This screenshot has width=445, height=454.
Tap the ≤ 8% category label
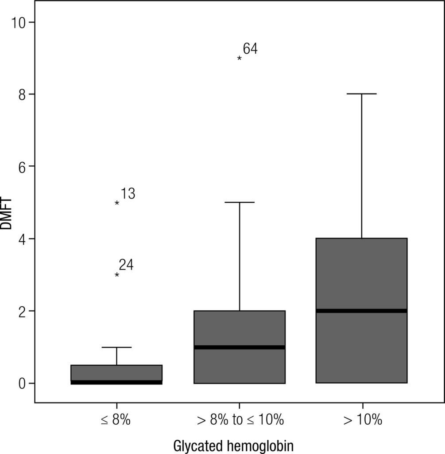[116, 420]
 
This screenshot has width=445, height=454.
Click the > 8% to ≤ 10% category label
[239, 420]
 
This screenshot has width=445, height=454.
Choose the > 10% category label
[362, 420]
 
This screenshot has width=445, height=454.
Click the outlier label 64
[250, 49]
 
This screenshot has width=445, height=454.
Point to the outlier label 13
[128, 194]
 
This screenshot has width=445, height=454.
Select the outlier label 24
[126, 265]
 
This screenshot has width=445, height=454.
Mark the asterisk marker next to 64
[240, 58]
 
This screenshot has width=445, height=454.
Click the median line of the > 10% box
[362, 311]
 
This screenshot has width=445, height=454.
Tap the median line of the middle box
[240, 347]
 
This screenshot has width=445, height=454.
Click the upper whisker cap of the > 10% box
[362, 94]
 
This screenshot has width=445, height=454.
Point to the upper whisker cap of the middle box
[240, 202]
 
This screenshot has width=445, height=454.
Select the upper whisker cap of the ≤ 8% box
[117, 347]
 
